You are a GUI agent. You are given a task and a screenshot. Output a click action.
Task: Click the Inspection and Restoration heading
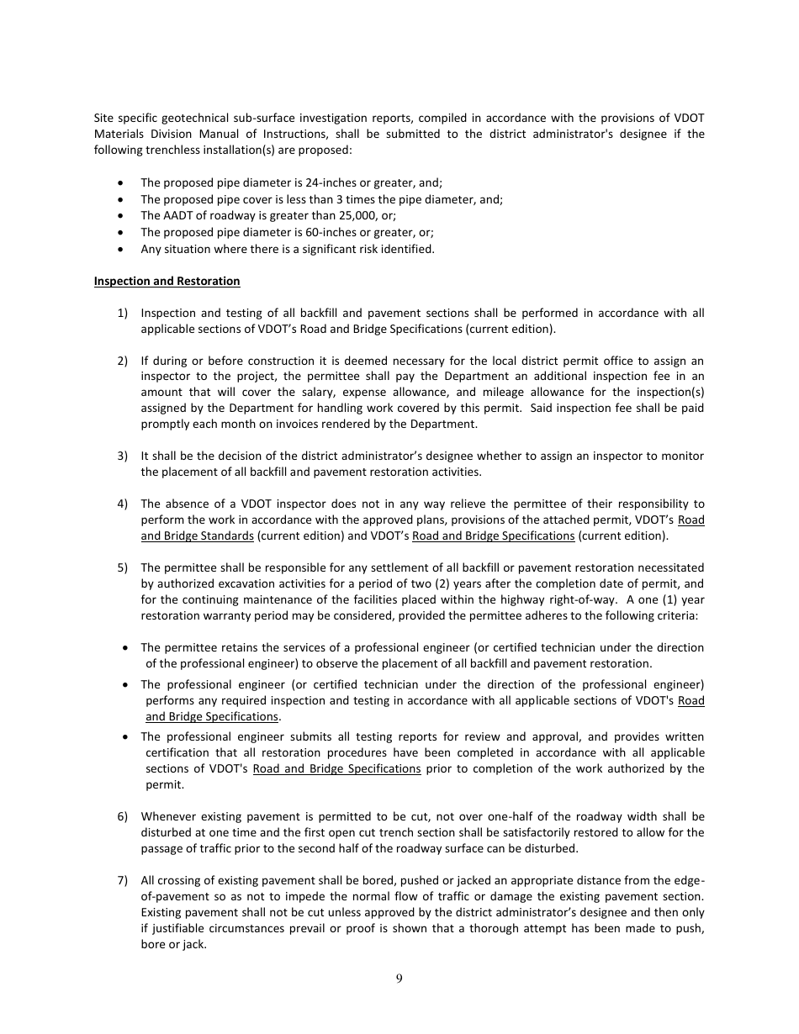(x=167, y=281)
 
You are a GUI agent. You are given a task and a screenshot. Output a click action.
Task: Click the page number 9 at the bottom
(x=399, y=978)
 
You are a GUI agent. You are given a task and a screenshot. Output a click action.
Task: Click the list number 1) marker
(x=122, y=313)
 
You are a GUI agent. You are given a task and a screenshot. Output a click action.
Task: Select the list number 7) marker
(x=122, y=880)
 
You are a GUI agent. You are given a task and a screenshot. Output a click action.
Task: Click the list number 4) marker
(x=122, y=504)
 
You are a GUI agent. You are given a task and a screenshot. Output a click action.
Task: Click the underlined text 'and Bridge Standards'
(x=197, y=535)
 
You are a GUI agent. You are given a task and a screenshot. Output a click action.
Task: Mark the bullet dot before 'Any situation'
(x=122, y=249)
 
